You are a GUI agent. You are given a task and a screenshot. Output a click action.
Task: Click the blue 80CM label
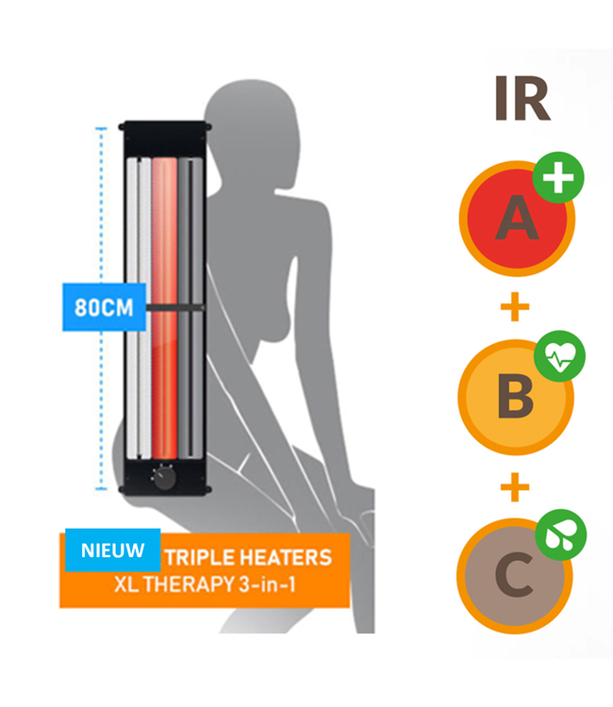pos(104,306)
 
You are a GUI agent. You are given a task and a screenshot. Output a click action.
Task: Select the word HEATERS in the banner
pos(288,557)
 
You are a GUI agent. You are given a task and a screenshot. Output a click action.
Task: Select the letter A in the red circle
pos(515,219)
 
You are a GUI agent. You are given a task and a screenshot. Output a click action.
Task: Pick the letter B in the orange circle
pos(515,397)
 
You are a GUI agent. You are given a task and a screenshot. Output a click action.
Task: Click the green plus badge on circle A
pos(558,178)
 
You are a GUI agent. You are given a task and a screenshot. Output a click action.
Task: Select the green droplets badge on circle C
pos(561,534)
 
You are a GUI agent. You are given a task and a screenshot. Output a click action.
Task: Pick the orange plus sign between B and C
pos(515,487)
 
